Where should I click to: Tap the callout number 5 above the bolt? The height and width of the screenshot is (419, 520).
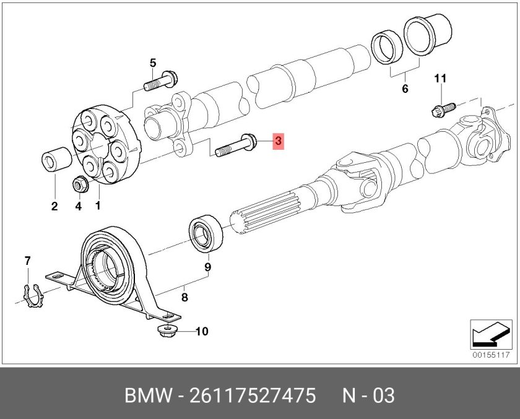pos(153,63)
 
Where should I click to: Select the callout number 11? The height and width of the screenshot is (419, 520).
pos(440,78)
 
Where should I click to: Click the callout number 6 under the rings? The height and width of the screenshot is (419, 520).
pos(405,89)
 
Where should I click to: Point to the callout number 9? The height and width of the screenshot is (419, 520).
pos(208,267)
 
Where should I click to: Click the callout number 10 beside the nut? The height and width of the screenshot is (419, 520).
pos(202,332)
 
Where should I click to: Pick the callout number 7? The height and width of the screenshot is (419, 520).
pos(27,261)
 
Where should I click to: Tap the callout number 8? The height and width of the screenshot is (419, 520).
pos(184,298)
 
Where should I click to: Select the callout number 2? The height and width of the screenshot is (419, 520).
pos(54,206)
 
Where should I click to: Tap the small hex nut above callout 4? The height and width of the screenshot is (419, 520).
pos(79,184)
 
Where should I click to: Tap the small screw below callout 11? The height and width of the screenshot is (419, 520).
pos(441,108)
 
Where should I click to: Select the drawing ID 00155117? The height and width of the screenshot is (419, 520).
pos(490,355)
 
